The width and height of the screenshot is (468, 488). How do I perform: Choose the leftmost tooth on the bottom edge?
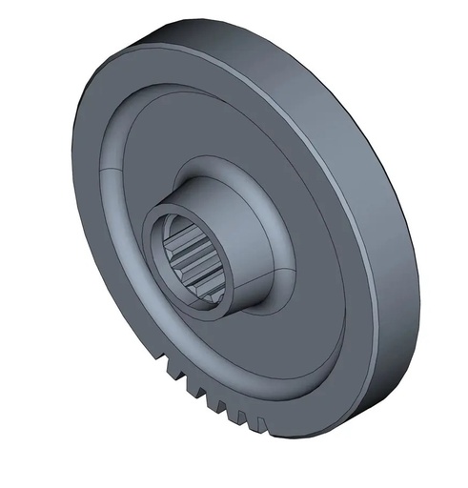[159, 359]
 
